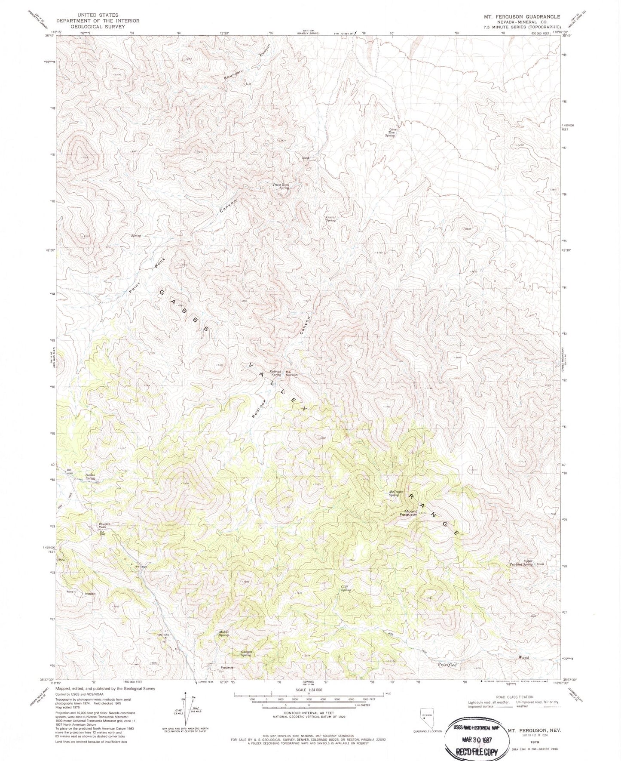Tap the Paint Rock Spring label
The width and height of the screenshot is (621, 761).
281,186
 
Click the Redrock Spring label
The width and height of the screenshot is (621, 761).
275,373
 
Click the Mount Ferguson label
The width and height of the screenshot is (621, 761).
408,512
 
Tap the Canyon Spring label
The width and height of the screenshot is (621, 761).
246,653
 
